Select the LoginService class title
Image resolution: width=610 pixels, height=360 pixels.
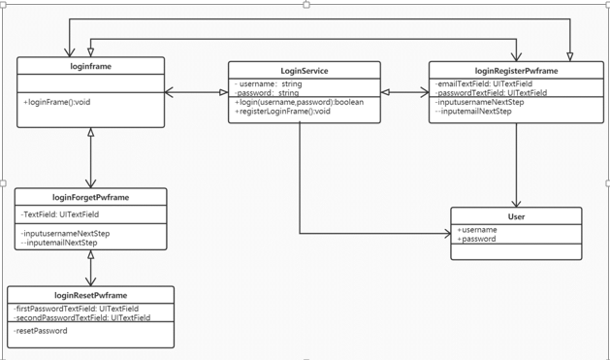pyautogui.click(x=304, y=71)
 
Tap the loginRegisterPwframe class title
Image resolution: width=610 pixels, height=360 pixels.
pyautogui.click(x=516, y=71)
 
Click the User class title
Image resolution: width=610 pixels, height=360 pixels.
pyautogui.click(x=516, y=216)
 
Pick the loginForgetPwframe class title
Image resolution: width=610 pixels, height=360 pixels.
pyautogui.click(x=90, y=197)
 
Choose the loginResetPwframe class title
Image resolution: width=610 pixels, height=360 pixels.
pyautogui.click(x=90, y=295)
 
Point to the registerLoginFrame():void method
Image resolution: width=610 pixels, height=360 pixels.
pyautogui.click(x=284, y=112)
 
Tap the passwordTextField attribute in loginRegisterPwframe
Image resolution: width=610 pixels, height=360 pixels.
pyautogui.click(x=491, y=93)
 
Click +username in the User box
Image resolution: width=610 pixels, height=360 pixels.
pyautogui.click(x=478, y=230)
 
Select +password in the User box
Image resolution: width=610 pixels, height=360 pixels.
pyautogui.click(x=477, y=239)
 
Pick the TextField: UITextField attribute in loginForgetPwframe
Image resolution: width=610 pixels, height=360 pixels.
pyautogui.click(x=60, y=214)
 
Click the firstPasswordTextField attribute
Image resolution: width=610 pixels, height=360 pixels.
pyautogui.click(x=78, y=309)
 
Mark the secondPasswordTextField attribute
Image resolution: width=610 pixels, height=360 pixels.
pyautogui.click(x=82, y=317)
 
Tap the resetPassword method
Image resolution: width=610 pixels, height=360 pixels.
pyautogui.click(x=41, y=331)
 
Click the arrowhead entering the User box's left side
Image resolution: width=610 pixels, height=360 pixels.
pyautogui.click(x=445, y=234)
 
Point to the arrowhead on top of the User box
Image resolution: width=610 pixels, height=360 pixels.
pyautogui.click(x=516, y=202)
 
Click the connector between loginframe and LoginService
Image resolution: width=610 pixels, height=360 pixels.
pyautogui.click(x=196, y=93)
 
